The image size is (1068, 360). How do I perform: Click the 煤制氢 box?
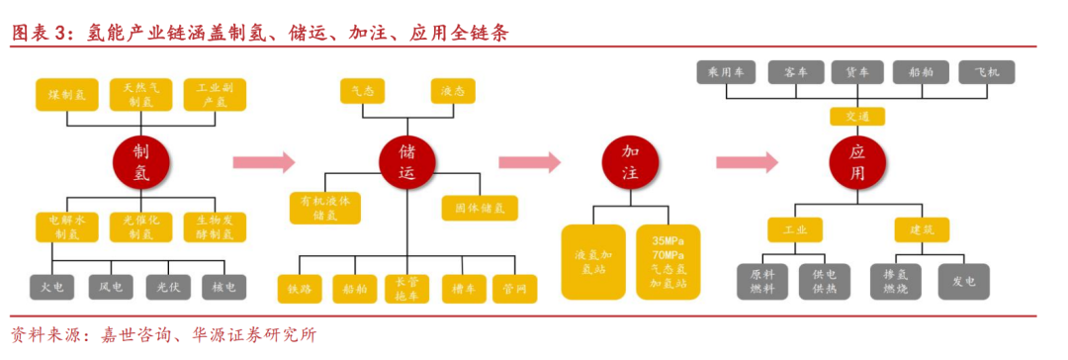[x=67, y=95]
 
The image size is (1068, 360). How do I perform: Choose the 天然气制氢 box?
[x=140, y=95]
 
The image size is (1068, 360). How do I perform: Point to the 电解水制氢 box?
[x=67, y=227]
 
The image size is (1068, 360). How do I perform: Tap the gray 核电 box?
[x=223, y=287]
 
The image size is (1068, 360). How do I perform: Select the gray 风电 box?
[x=111, y=287]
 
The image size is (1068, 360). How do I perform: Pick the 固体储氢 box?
[x=479, y=208]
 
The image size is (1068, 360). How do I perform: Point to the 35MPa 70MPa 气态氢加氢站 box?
[x=668, y=262]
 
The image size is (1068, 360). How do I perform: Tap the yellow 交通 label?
[x=857, y=117]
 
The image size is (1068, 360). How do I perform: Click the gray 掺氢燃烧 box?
[x=896, y=281]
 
